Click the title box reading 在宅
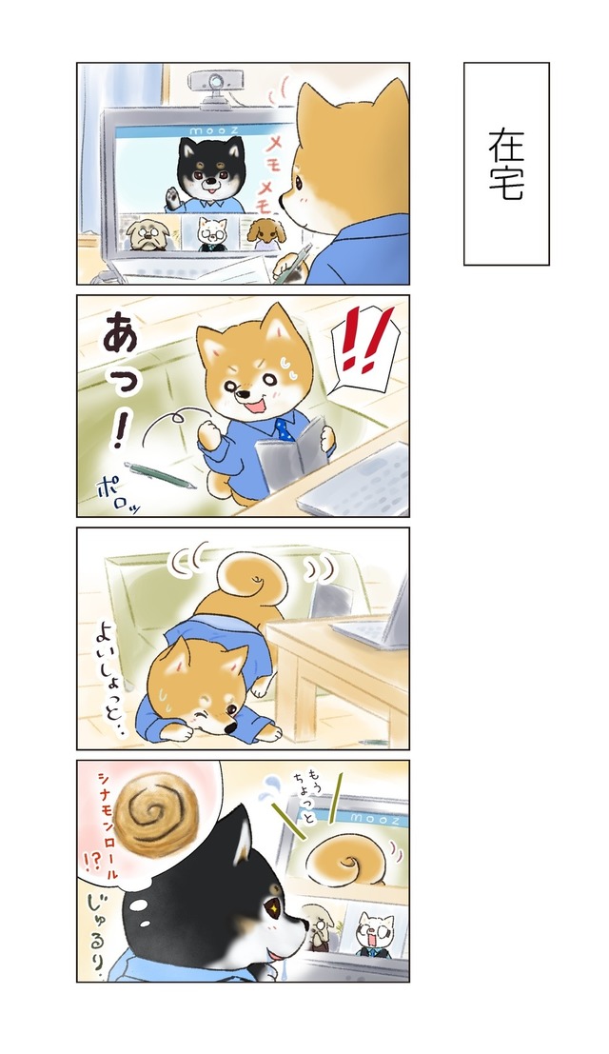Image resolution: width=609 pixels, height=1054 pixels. (x=506, y=164)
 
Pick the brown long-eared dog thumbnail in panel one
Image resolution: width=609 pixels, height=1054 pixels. (x=265, y=233)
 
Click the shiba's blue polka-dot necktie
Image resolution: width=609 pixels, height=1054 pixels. (x=284, y=428)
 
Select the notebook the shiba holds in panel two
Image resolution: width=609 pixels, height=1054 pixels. (x=291, y=448)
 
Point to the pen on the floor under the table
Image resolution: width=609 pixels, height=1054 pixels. (x=373, y=742)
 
